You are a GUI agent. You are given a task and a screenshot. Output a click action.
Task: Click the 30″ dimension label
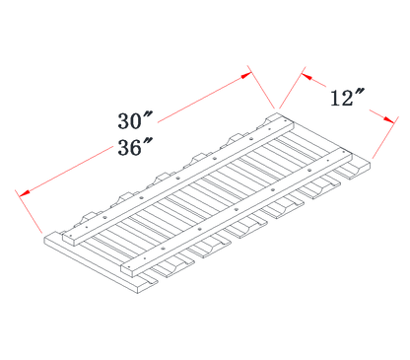coord(135,120)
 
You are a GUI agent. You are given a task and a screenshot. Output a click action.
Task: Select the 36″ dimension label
coord(135,147)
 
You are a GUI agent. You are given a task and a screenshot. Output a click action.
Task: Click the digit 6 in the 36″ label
coord(135,148)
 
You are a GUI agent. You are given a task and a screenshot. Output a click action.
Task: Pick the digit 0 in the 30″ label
coord(135,121)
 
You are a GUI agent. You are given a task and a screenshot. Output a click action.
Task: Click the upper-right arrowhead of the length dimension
coord(246,76)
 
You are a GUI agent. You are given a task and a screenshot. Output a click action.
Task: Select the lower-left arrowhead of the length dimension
coord(25,193)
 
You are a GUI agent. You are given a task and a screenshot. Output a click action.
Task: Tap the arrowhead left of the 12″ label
coord(307,76)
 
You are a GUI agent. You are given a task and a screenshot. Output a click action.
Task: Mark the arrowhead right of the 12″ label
coord(388,119)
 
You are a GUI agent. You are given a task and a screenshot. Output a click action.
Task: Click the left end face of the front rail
coord(129,269)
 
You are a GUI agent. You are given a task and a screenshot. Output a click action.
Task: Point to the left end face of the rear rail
coord(71,239)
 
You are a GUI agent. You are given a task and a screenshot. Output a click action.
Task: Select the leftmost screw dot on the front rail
coord(163,249)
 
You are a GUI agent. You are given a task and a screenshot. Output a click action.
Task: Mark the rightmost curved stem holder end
coord(354,171)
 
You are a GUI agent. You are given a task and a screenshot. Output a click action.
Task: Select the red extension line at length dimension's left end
coord(29,211)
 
